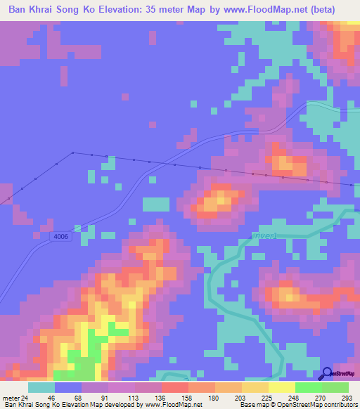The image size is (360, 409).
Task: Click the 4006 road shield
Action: pos(60,237)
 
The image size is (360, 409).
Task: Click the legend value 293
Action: pos(348,398)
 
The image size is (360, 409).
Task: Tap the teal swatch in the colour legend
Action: pos(41,387)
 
